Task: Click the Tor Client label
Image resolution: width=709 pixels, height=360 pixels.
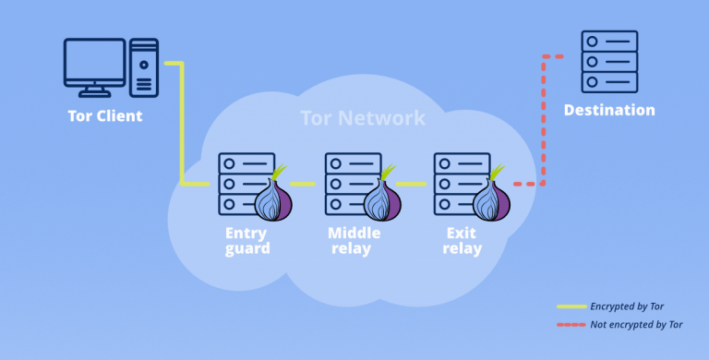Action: (105, 116)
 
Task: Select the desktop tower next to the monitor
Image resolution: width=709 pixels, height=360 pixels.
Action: (143, 67)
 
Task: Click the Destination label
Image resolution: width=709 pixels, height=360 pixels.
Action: (609, 111)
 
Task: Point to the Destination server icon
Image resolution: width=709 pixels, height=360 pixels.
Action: (609, 61)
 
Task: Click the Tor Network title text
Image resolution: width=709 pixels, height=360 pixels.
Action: (363, 118)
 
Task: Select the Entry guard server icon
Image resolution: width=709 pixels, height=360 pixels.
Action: (242, 183)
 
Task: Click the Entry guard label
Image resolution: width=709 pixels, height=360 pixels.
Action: (247, 240)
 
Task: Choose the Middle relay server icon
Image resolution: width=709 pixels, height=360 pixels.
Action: (349, 183)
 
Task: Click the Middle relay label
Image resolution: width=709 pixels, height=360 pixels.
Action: (354, 240)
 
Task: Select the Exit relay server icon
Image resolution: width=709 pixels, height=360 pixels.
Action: (458, 183)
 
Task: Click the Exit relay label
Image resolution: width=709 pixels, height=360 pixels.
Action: (462, 240)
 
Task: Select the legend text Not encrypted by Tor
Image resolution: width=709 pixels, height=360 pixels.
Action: (636, 324)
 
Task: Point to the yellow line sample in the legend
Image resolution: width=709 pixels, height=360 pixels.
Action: (571, 306)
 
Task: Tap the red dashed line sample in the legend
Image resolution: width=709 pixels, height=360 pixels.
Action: (571, 324)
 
